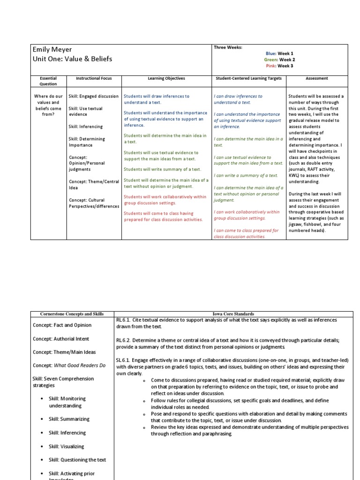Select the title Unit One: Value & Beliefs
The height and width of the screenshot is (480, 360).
[x=73, y=59]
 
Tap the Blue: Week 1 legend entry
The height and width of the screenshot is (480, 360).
[x=280, y=54]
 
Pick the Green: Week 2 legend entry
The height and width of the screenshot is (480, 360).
[x=280, y=60]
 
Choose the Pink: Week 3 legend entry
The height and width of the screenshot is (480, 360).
[x=280, y=66]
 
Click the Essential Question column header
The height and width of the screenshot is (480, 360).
[x=48, y=81]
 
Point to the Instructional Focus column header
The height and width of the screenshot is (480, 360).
[x=94, y=78]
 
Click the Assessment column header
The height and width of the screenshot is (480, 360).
[x=316, y=78]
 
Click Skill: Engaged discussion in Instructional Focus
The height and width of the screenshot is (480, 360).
[x=94, y=96]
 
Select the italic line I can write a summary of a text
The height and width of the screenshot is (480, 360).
[x=246, y=175]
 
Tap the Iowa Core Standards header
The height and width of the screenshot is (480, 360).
[x=233, y=314]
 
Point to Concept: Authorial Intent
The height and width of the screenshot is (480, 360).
[x=61, y=338]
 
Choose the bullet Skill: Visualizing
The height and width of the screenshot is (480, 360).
[x=67, y=446]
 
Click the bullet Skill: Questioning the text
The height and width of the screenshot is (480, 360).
[x=75, y=460]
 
